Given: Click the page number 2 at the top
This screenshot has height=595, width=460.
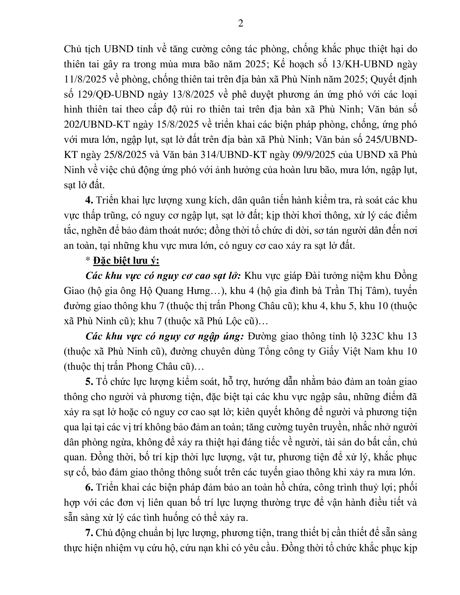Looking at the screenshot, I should tap(240, 24).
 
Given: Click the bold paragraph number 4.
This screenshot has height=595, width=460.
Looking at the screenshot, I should tap(89, 200).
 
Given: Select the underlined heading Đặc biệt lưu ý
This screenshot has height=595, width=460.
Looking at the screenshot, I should tap(126, 261).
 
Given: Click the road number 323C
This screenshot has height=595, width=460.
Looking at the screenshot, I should tap(373, 336).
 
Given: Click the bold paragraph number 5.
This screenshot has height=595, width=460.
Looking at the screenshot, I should tap(89, 382).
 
